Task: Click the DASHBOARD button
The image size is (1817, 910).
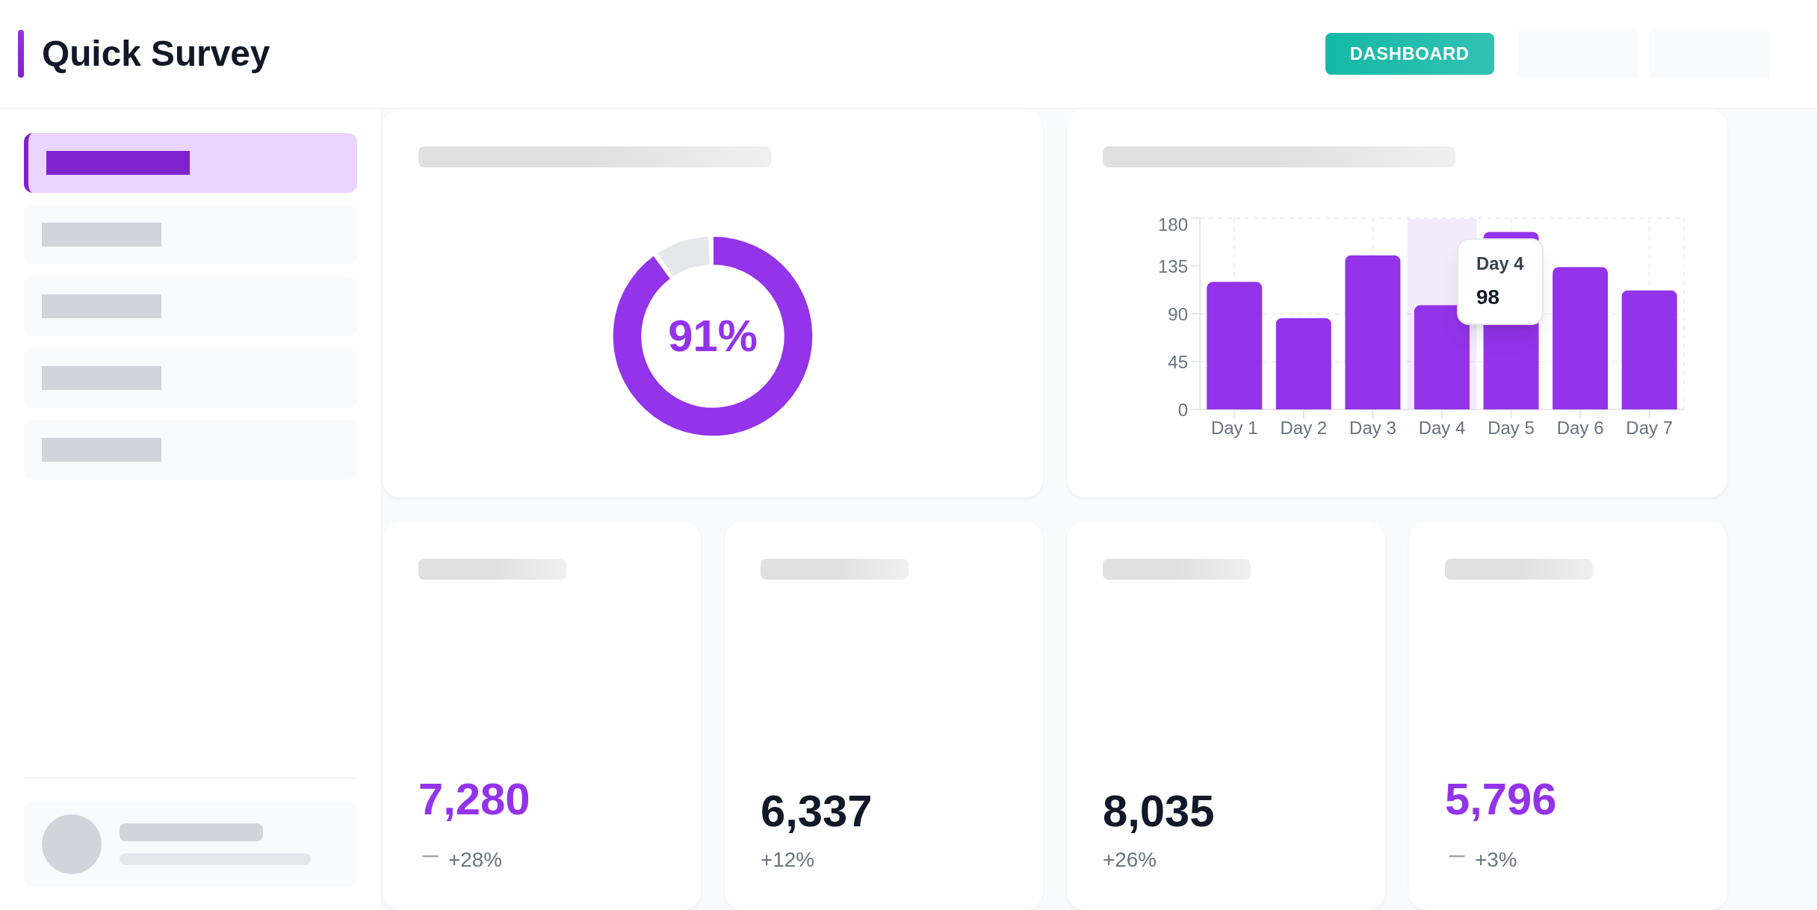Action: (1409, 54)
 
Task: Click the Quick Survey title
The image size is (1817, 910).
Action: (155, 54)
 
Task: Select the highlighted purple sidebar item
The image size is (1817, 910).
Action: (191, 163)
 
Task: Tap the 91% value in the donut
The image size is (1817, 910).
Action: (712, 336)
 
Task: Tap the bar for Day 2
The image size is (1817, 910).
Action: (1303, 364)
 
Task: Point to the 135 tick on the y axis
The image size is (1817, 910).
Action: (1172, 267)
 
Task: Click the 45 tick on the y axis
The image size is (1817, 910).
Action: (1177, 362)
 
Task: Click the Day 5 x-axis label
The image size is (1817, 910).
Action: (1511, 428)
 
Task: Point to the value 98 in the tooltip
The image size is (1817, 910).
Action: (1488, 297)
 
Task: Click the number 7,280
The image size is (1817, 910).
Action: (474, 799)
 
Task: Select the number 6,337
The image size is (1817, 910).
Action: (816, 811)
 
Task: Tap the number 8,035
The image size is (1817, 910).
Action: (1158, 811)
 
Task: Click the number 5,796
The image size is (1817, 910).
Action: (1500, 799)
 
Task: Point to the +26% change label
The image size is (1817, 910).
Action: (1129, 860)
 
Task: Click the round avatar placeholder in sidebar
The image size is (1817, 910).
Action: (72, 844)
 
